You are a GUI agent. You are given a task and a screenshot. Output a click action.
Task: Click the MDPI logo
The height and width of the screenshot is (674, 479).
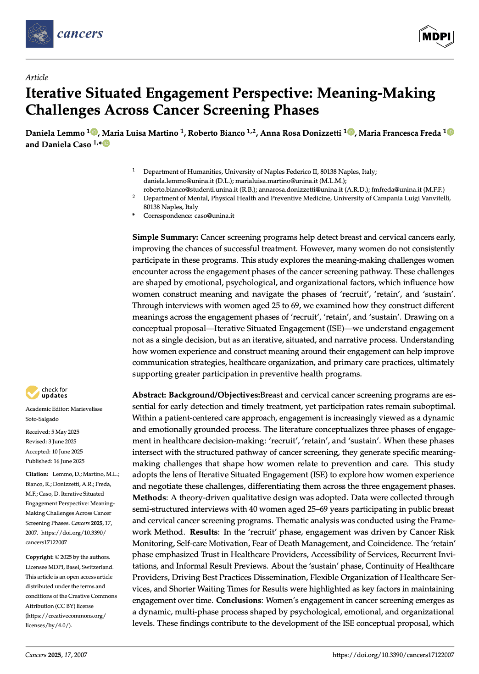[436, 36]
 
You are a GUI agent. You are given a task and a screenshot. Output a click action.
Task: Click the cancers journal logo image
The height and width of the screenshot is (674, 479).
[39, 34]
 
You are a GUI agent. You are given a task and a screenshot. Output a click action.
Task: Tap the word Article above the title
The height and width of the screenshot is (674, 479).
[37, 77]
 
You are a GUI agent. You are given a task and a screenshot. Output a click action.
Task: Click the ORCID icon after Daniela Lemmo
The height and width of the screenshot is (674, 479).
[95, 132]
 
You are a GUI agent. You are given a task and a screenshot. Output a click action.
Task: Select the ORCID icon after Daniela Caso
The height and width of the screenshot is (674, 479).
[106, 144]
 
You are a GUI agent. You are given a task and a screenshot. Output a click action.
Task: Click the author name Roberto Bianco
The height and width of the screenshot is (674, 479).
[216, 133]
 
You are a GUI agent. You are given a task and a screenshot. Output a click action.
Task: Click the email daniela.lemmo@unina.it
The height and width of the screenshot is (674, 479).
[178, 181]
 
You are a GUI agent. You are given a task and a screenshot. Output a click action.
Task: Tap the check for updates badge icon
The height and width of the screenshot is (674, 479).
[32, 392]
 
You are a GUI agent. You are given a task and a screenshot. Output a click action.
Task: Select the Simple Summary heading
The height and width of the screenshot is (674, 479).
[165, 237]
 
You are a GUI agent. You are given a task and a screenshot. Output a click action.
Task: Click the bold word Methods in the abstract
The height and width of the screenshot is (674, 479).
[149, 497]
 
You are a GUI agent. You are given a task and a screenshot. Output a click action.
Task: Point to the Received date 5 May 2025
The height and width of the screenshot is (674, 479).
[52, 432]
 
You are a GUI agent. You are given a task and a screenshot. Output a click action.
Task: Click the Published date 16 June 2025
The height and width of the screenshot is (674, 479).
[55, 461]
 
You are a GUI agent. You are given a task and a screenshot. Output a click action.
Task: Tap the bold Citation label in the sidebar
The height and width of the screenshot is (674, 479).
[37, 474]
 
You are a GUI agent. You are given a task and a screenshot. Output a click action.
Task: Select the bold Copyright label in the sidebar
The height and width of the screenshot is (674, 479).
[39, 557]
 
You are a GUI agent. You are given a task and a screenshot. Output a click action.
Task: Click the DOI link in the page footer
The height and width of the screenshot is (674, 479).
[393, 655]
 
